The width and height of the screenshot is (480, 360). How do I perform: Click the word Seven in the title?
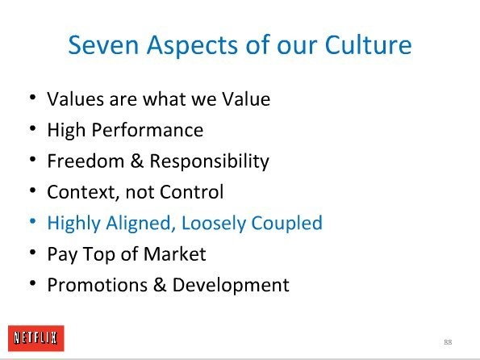click(103, 45)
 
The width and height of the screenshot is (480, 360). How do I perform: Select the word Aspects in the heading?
click(193, 46)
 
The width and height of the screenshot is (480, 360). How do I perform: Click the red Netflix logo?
click(36, 338)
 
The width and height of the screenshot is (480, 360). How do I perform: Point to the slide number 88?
click(448, 342)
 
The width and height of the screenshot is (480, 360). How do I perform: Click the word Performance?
click(148, 130)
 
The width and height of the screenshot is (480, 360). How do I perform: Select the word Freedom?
click(86, 161)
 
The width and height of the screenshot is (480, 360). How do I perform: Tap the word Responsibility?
click(210, 161)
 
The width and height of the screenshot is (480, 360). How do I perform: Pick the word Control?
click(192, 192)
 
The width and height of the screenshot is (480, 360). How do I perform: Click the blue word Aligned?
click(140, 223)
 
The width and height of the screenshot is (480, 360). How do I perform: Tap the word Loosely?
click(214, 223)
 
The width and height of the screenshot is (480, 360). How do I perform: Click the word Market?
click(175, 253)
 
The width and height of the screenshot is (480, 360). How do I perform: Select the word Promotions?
click(98, 285)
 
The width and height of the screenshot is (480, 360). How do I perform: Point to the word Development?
click(231, 285)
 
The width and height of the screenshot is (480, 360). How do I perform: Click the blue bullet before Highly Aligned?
click(33, 221)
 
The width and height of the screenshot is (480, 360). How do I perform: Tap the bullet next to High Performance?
click(33, 128)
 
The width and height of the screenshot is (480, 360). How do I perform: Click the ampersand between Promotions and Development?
click(160, 285)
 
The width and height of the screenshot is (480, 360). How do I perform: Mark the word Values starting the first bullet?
click(75, 99)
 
